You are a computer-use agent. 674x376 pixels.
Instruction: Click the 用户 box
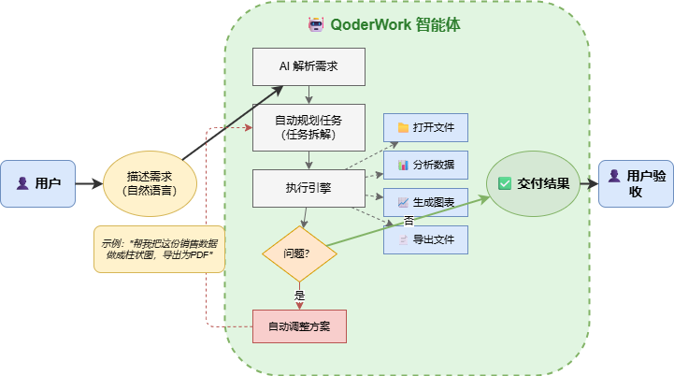[x=38, y=183]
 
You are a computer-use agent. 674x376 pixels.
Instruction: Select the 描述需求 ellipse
[x=150, y=183]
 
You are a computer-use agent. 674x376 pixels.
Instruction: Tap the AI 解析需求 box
[x=308, y=66]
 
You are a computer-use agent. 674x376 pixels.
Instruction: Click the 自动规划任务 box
[x=308, y=127]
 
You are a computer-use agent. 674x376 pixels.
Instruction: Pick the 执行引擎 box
[x=308, y=188]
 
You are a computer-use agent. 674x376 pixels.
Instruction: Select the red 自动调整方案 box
[x=299, y=326]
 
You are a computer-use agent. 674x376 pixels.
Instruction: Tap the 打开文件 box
[x=425, y=127]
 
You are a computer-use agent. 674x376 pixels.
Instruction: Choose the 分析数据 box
[x=425, y=165]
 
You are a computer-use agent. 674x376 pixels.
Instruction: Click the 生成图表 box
[x=425, y=202]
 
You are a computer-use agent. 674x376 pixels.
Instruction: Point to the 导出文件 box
[x=425, y=239]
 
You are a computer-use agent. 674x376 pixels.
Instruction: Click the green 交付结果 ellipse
[x=534, y=183]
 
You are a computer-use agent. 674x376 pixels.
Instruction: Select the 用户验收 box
[x=636, y=183]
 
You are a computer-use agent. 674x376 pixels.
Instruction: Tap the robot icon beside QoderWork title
[x=316, y=24]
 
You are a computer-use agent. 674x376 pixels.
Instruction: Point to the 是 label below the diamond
[x=300, y=295]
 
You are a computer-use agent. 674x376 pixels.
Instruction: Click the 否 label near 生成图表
[x=409, y=220]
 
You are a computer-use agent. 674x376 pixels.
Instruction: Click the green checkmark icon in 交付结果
[x=505, y=183]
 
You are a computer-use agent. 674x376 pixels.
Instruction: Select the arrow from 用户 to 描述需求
[x=89, y=183]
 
